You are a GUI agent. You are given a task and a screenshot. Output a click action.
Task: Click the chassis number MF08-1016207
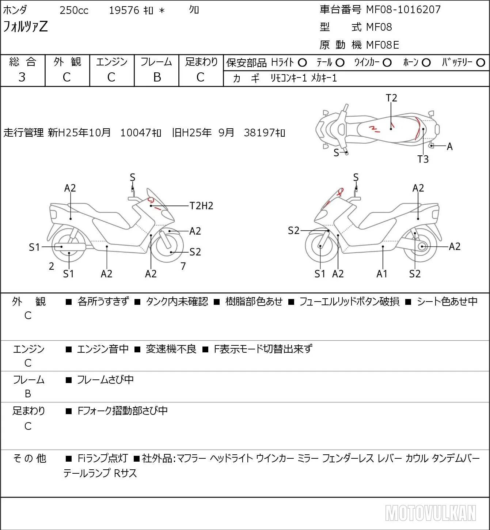[403, 10]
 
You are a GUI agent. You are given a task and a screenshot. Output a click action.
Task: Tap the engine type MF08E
[383, 45]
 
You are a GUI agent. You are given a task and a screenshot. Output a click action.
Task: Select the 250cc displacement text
[74, 10]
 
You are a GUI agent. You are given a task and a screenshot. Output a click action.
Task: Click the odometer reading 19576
[124, 10]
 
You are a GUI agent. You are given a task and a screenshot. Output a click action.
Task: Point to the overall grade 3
[22, 77]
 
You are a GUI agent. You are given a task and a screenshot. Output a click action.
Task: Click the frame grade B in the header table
[157, 77]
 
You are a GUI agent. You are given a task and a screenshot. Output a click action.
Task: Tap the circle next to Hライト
[302, 63]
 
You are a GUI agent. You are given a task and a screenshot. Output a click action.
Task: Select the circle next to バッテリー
[480, 63]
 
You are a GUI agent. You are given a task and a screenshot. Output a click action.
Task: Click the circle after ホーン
[426, 63]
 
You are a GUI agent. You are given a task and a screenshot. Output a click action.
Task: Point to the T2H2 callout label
[201, 206]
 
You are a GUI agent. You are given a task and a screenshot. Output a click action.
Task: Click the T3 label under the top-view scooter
[423, 159]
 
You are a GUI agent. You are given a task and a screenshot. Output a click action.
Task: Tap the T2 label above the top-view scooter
[391, 98]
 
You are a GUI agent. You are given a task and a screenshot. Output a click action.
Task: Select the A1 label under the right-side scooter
[381, 274]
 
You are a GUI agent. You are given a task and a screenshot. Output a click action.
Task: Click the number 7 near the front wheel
[183, 266]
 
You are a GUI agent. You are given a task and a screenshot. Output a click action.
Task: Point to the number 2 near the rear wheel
[52, 266]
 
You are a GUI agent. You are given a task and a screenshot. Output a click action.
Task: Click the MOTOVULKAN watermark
[431, 513]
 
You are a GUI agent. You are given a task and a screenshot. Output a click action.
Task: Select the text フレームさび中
[105, 380]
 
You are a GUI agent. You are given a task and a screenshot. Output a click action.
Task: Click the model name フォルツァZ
[25, 27]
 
